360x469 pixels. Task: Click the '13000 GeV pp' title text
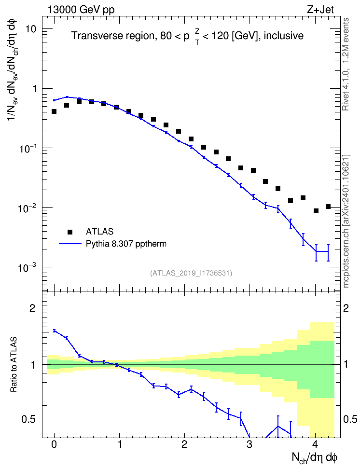pyautogui.click(x=81, y=10)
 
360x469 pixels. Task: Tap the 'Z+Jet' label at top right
pyautogui.click(x=320, y=10)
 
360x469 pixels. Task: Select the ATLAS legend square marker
pyautogui.click(x=70, y=232)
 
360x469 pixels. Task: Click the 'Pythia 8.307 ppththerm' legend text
pyautogui.click(x=126, y=244)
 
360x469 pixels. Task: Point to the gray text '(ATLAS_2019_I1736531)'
pyautogui.click(x=191, y=273)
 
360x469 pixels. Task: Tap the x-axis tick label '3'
pyautogui.click(x=249, y=444)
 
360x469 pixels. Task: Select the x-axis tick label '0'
pyautogui.click(x=54, y=444)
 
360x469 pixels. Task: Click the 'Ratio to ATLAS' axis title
pyautogui.click(x=14, y=365)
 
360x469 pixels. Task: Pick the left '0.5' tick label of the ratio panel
pyautogui.click(x=29, y=420)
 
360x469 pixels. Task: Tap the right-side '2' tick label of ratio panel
pyautogui.click(x=346, y=308)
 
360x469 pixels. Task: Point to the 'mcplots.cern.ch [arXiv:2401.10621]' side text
pyautogui.click(x=346, y=221)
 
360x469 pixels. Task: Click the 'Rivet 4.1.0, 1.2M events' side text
pyautogui.click(x=346, y=64)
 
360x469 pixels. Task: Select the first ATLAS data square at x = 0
pyautogui.click(x=54, y=111)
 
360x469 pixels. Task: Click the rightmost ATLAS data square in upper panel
pyautogui.click(x=328, y=207)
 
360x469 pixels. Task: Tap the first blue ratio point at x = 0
pyautogui.click(x=54, y=331)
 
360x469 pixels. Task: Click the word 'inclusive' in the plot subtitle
pyautogui.click(x=284, y=36)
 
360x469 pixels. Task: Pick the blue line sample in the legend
pyautogui.click(x=70, y=244)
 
